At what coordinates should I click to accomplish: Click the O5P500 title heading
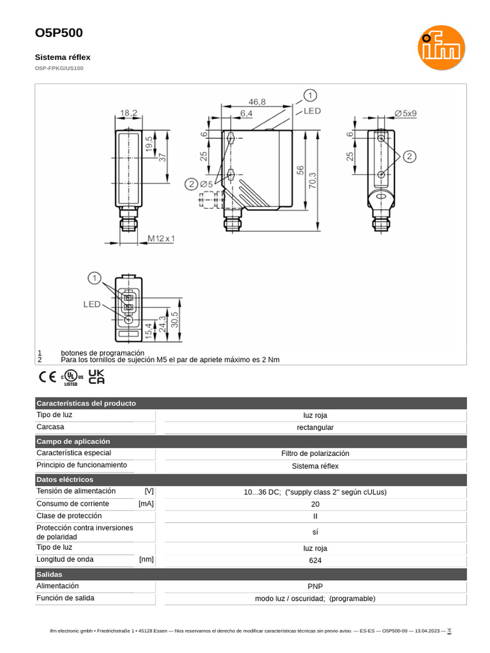[x=59, y=33]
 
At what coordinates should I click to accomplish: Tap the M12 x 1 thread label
[x=161, y=238]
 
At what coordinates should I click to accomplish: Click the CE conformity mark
[x=48, y=377]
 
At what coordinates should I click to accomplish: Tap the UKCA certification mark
[x=96, y=377]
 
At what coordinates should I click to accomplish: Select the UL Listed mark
[x=71, y=378]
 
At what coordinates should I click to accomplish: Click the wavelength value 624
[x=315, y=561]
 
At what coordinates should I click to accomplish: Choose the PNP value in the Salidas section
[x=315, y=586]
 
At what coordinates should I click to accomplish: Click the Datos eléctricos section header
[x=65, y=480]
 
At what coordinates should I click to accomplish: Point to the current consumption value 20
[x=315, y=504]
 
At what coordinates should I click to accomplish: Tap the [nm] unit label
[x=147, y=560]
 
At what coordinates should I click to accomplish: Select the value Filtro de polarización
[x=315, y=453]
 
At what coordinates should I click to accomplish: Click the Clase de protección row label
[x=69, y=516]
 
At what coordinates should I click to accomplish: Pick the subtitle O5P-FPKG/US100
[x=59, y=68]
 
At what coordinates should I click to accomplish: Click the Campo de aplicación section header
[x=73, y=441]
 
